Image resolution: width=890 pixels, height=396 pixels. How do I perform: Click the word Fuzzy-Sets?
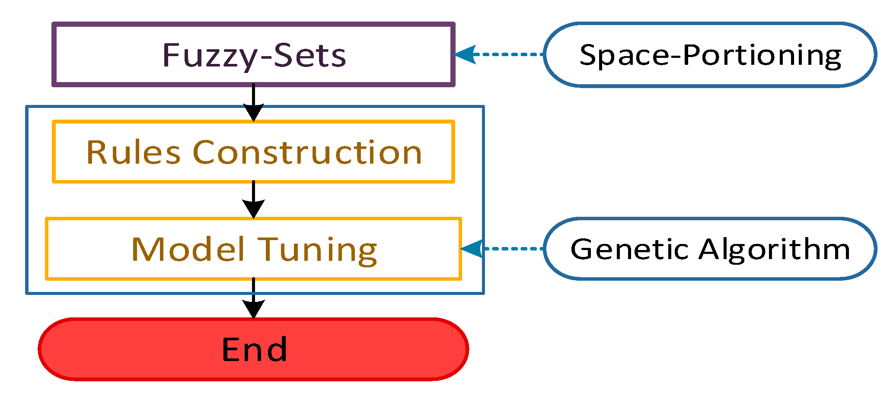click(254, 55)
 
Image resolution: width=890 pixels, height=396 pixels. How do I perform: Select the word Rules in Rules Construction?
click(133, 152)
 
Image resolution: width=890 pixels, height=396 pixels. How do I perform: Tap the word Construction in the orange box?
click(307, 152)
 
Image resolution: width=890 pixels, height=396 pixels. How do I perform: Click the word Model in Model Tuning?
click(188, 250)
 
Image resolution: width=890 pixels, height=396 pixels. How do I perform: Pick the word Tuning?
click(318, 250)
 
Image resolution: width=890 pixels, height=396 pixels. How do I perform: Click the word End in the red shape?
click(254, 349)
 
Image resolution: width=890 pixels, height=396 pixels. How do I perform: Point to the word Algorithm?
click(774, 250)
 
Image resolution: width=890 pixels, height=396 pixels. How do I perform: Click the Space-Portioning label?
click(710, 55)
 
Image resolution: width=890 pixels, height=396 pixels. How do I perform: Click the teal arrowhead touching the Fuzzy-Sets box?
click(466, 54)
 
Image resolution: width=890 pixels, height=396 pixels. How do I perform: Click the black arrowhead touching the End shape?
click(253, 310)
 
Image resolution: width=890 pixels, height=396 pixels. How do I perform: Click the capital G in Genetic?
click(583, 249)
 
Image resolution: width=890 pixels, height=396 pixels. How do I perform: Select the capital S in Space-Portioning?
click(589, 55)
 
